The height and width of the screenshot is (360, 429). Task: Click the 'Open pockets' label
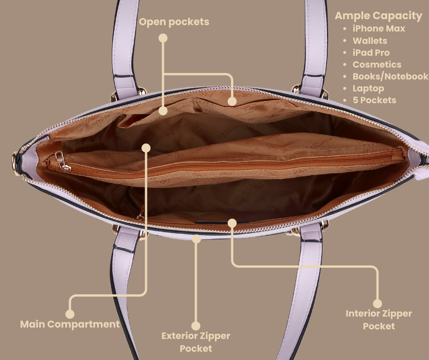[174, 22]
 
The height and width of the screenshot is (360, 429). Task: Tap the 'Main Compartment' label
[70, 324]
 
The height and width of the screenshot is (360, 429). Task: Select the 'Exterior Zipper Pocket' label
[196, 342]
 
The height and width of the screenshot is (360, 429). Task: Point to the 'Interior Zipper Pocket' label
[378, 320]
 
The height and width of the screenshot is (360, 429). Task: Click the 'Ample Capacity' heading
[378, 16]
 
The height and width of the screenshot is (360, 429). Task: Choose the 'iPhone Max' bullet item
[379, 28]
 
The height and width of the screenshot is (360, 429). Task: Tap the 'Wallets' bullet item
[370, 41]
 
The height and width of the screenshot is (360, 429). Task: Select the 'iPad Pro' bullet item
[371, 53]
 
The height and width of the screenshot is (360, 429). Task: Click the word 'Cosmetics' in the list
[377, 64]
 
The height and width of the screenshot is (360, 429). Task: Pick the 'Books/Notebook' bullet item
[390, 76]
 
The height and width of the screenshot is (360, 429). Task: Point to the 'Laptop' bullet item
[368, 88]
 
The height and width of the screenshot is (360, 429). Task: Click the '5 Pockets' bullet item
[374, 100]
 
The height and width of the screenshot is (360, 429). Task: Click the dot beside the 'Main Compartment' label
[70, 314]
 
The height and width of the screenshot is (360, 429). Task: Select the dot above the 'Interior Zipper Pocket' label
[377, 303]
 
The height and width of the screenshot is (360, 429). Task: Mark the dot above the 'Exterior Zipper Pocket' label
[196, 326]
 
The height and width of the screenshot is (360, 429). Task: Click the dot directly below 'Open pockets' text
[163, 38]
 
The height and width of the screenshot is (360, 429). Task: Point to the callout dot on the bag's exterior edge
[197, 238]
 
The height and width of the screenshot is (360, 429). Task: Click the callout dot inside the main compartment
[146, 148]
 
